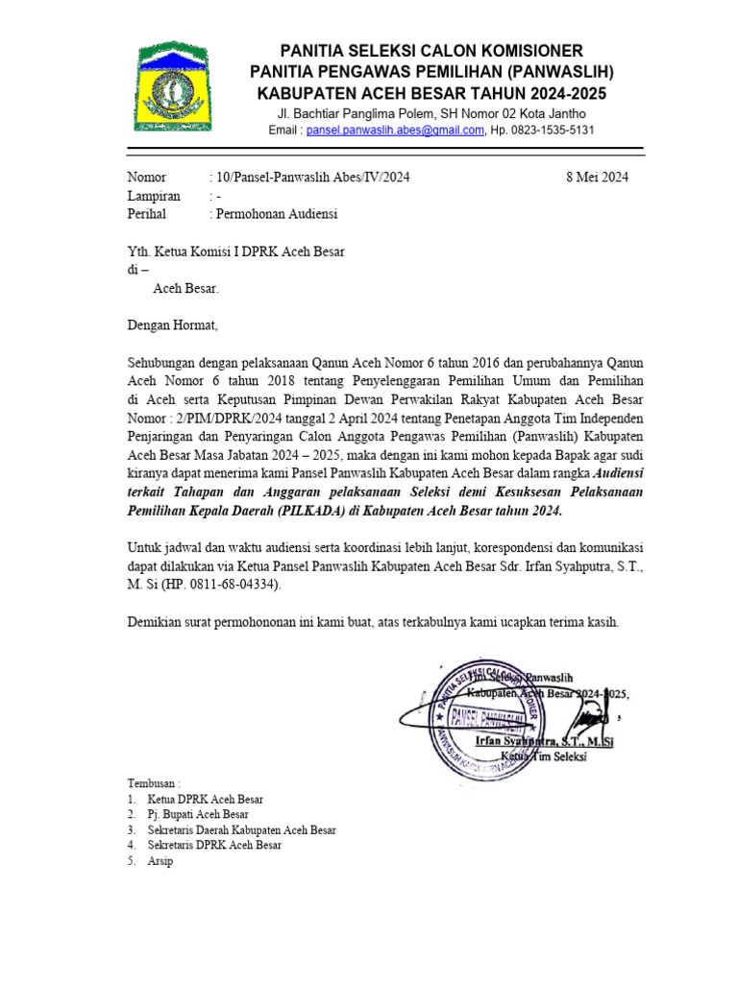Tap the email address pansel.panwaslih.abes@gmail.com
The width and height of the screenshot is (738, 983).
pos(395,131)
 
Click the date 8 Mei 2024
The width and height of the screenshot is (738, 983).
pos(597,178)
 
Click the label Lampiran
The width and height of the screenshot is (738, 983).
pos(154,196)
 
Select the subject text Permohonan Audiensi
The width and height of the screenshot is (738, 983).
pos(277,214)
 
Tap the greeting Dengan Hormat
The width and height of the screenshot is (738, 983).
pos(173,325)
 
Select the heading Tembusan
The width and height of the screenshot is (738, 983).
pos(154,782)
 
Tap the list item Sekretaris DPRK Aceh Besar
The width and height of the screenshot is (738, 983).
pos(214,845)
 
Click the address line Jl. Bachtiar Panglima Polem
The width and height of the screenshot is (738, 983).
pos(351,114)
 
